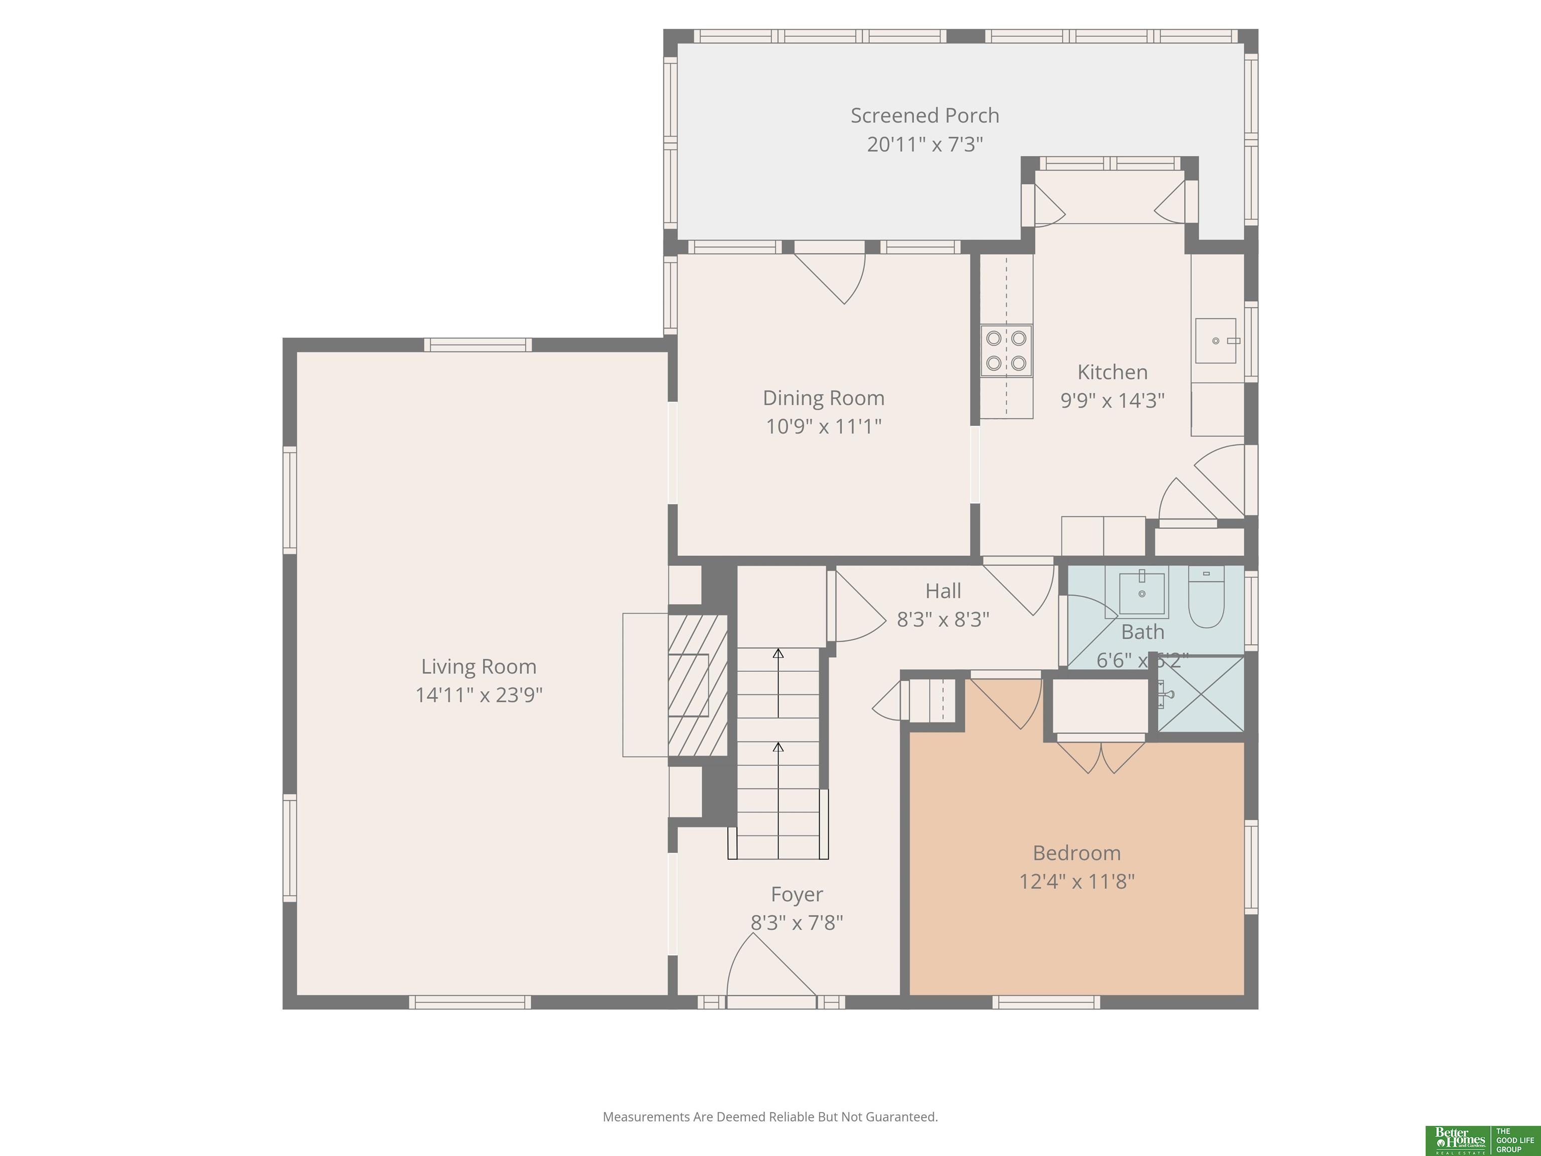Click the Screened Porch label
924,116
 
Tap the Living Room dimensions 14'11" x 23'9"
479,695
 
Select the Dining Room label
824,398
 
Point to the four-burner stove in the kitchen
1006,351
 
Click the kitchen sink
1215,341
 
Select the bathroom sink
1142,594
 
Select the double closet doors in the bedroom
1101,756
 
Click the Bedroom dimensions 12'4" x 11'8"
1076,882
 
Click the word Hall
943,591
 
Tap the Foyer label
796,894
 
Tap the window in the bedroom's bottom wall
1046,1002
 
